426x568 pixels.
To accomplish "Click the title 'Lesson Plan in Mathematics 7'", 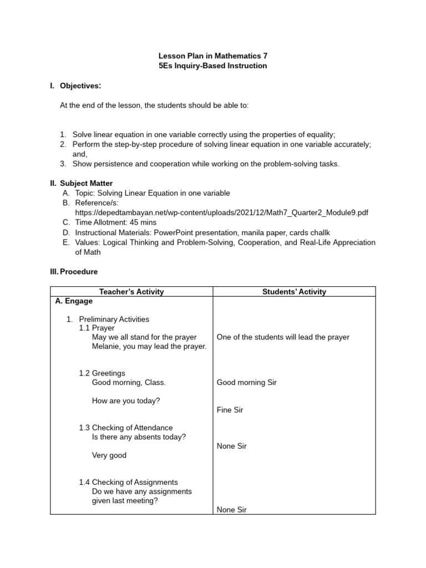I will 213,56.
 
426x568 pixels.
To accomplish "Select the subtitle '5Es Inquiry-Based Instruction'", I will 213,65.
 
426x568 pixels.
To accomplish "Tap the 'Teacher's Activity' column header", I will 131,292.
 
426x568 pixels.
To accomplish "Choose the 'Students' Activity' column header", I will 294,292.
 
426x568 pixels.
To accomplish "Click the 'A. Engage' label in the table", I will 74,301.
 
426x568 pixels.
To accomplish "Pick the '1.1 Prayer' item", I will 97,328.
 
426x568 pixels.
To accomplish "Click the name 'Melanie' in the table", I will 106,346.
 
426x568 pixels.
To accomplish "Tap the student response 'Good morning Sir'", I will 246,382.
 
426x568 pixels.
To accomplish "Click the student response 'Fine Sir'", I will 230,410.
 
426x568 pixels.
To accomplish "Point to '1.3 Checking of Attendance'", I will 126,428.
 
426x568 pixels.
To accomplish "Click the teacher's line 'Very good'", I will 109,455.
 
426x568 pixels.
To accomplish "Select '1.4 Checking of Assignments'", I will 128,482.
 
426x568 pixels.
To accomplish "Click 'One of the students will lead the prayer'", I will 283,337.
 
